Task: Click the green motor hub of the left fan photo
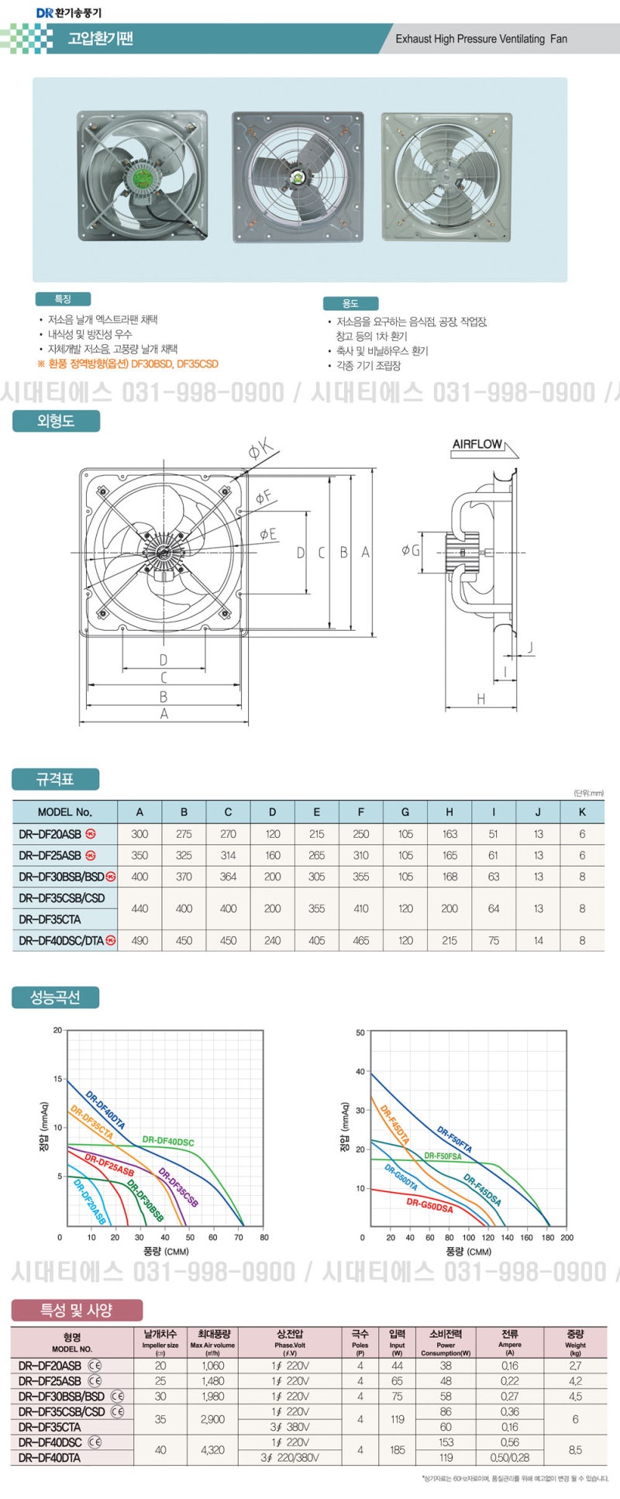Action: pyautogui.click(x=143, y=177)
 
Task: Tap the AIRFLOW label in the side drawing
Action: pyautogui.click(x=477, y=444)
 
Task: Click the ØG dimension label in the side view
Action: pyautogui.click(x=411, y=550)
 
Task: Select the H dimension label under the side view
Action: pyautogui.click(x=480, y=699)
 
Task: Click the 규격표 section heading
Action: pyautogui.click(x=55, y=779)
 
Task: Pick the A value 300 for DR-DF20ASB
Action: pyautogui.click(x=139, y=834)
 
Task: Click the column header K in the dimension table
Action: pyautogui.click(x=582, y=812)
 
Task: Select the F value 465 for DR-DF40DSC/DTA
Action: pyautogui.click(x=361, y=940)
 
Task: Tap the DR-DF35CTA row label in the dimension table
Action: pyautogui.click(x=50, y=919)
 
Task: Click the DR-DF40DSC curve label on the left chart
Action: pyautogui.click(x=168, y=1142)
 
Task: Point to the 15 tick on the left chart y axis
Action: pyautogui.click(x=57, y=1079)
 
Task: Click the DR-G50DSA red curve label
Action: pyautogui.click(x=429, y=1206)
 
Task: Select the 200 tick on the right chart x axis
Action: pyautogui.click(x=567, y=1238)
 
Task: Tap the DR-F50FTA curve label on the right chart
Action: pyautogui.click(x=454, y=1139)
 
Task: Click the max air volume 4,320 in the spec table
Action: pyautogui.click(x=212, y=1449)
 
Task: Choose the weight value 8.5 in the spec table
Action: pyautogui.click(x=575, y=1449)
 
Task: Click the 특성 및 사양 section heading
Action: pyautogui.click(x=77, y=1311)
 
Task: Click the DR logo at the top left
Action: pyautogui.click(x=44, y=12)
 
